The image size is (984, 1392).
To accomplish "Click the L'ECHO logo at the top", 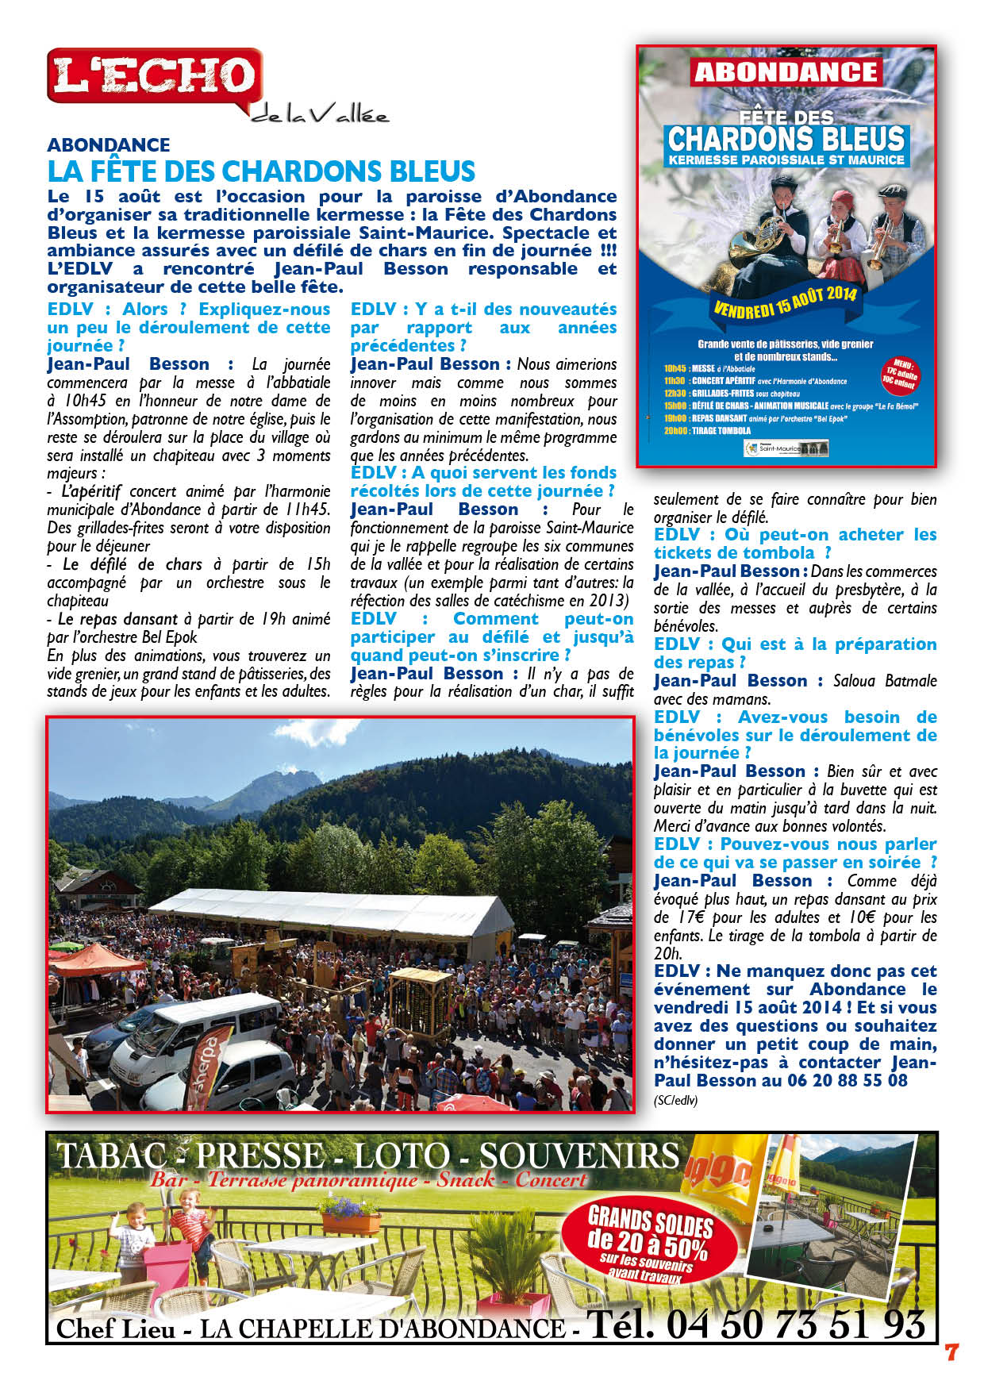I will (155, 76).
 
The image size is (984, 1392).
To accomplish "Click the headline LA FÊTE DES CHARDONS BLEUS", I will (261, 171).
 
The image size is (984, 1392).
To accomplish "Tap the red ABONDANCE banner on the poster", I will (786, 72).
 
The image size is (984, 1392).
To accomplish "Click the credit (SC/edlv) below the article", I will (675, 1101).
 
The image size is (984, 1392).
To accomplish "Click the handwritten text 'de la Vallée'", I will (321, 116).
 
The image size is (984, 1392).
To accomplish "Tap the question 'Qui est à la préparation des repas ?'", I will (794, 652).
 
